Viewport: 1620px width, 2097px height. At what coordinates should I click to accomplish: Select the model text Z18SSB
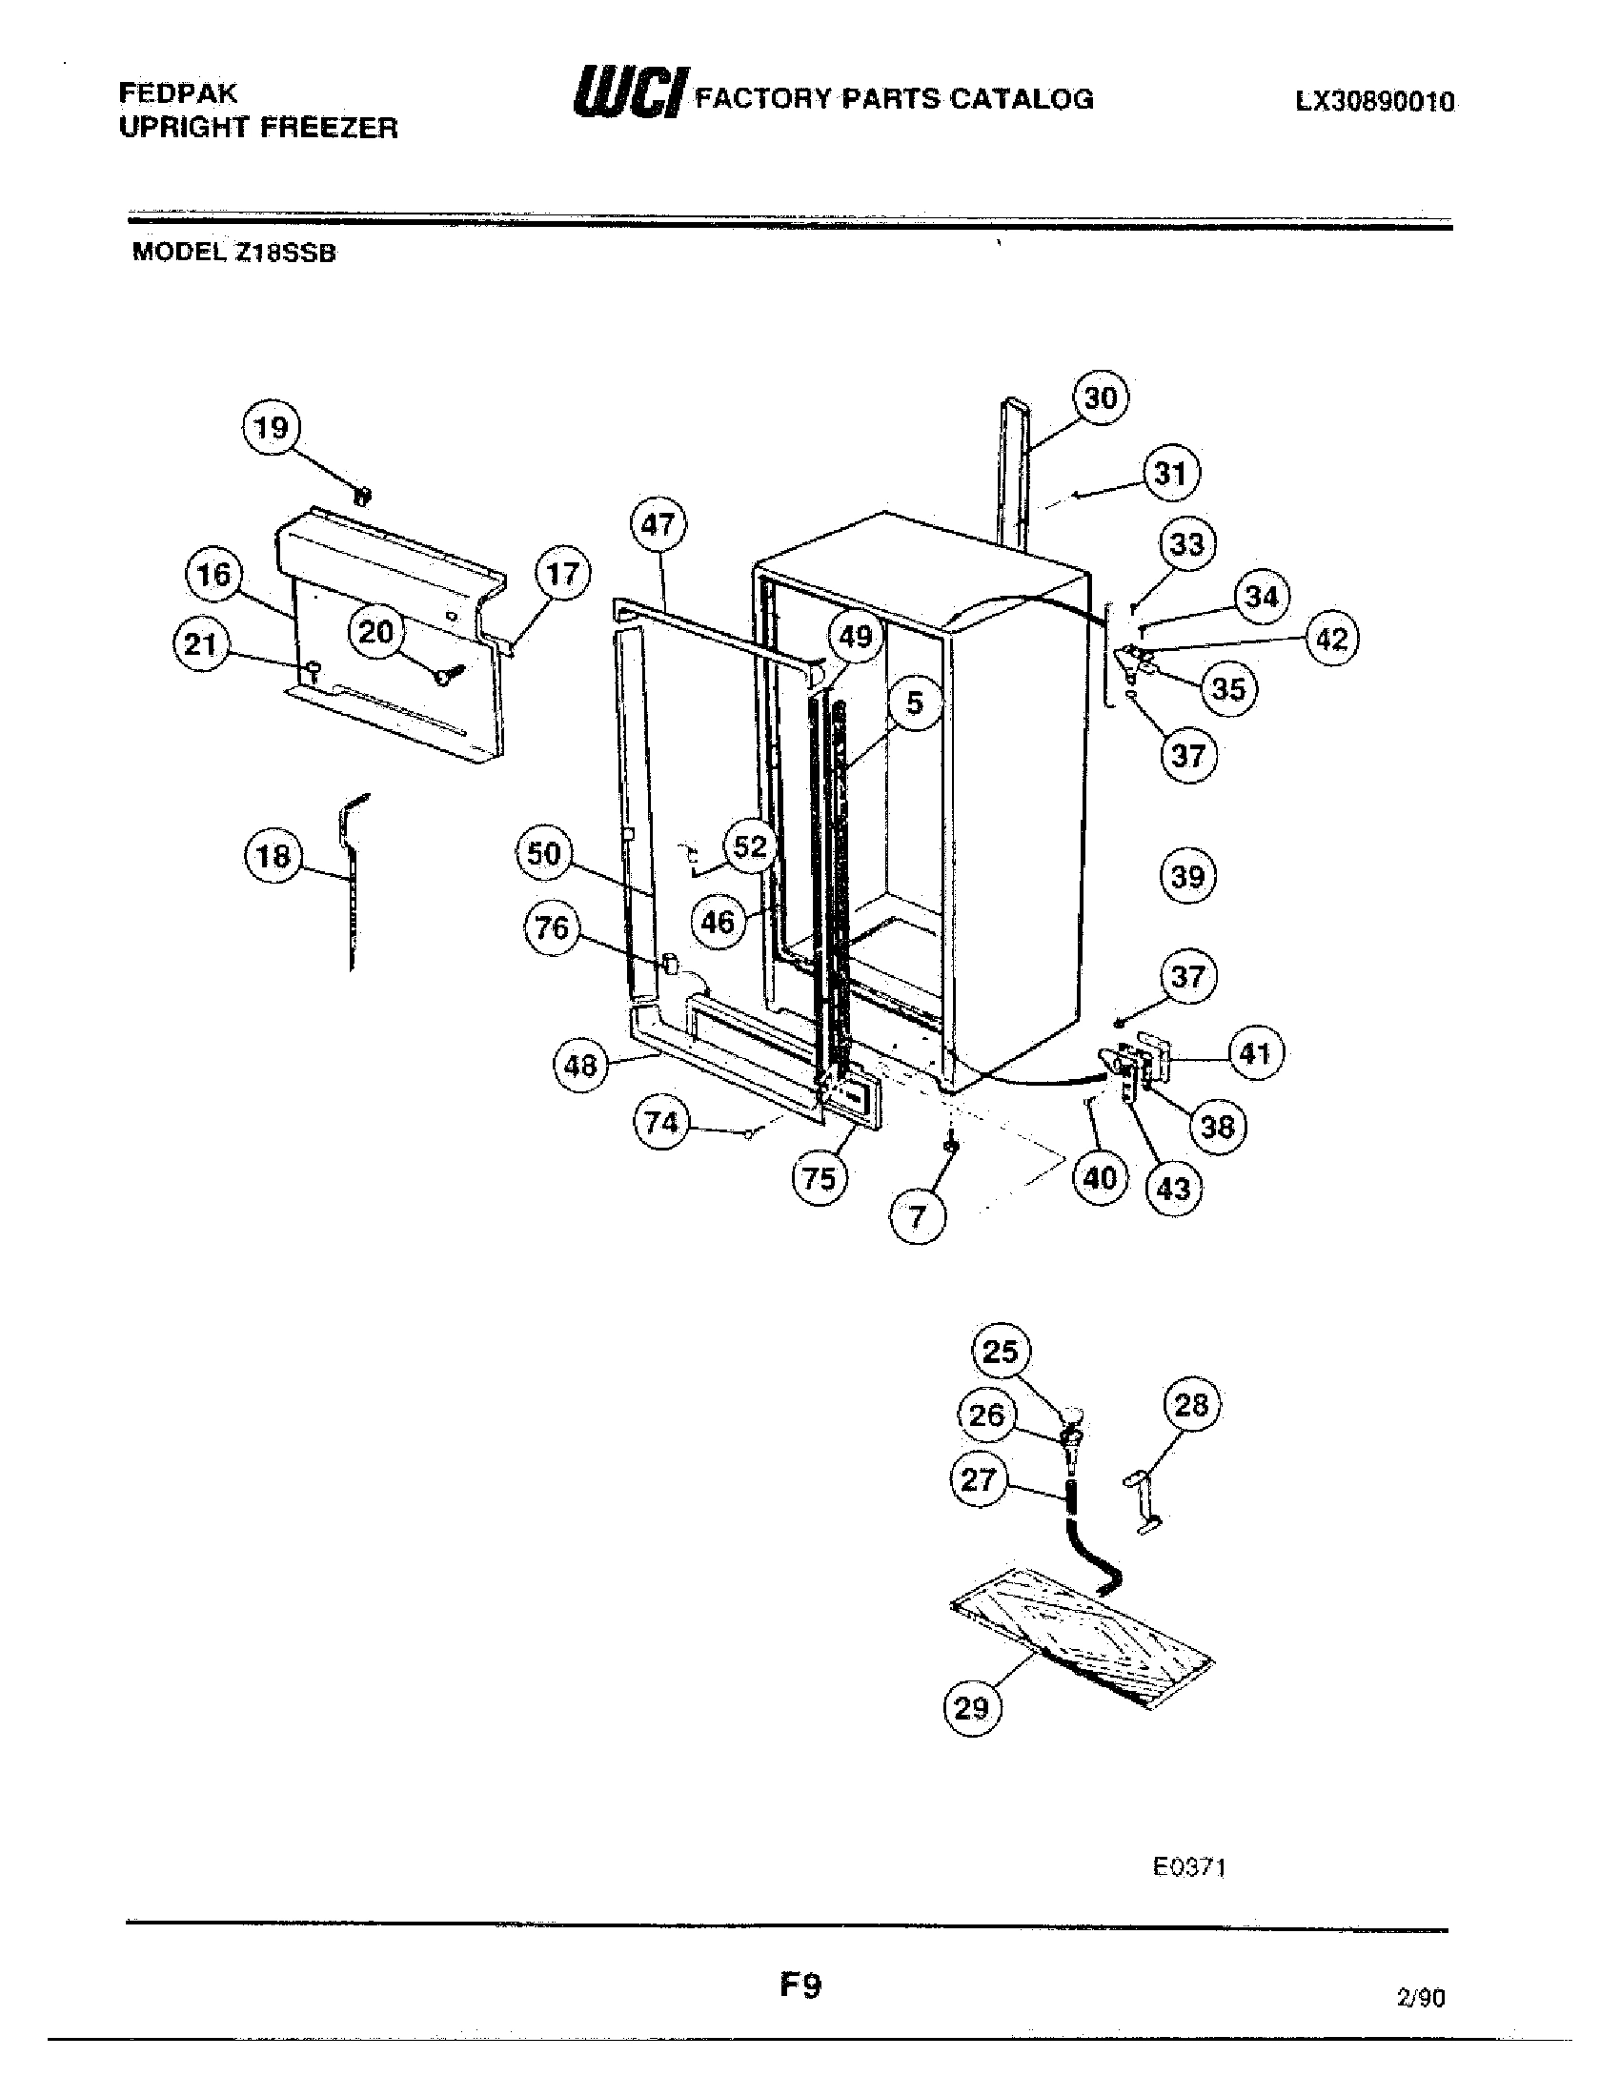(x=284, y=254)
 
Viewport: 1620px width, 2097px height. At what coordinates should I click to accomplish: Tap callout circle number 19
(x=271, y=428)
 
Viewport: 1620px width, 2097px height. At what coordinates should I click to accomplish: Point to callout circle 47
(x=658, y=525)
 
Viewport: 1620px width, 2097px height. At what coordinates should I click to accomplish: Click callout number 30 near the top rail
(x=1100, y=397)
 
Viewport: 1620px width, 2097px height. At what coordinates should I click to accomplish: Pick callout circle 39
(x=1187, y=876)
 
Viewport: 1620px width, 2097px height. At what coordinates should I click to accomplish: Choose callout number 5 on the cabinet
(x=914, y=702)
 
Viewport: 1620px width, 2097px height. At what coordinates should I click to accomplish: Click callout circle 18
(x=273, y=856)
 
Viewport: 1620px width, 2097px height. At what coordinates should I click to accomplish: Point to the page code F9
(x=800, y=1985)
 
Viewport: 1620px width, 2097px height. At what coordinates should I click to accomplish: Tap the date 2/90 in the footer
(x=1421, y=1998)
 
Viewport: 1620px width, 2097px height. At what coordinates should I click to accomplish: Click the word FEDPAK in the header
(x=177, y=93)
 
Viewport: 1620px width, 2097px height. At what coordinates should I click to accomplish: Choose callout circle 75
(x=819, y=1178)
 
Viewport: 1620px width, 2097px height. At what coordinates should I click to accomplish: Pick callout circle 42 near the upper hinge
(x=1331, y=639)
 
